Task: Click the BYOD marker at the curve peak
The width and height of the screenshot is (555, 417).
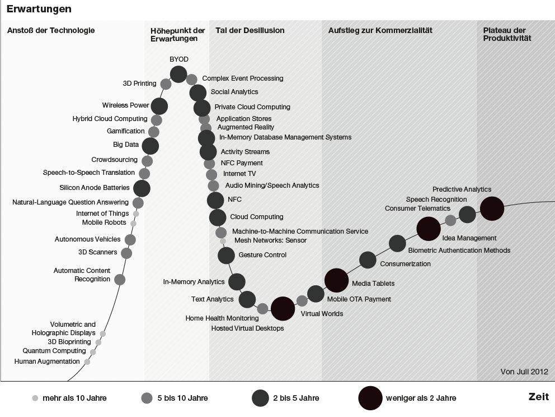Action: tap(178, 73)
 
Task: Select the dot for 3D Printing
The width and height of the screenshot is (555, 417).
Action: tap(166, 84)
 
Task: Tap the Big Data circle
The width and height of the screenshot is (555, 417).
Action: tap(150, 146)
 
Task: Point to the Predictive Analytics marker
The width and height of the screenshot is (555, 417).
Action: tap(492, 208)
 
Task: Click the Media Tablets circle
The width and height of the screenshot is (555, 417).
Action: tap(337, 280)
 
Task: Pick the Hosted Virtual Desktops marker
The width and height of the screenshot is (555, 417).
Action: tap(283, 308)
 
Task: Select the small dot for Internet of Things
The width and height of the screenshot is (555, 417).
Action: tap(136, 214)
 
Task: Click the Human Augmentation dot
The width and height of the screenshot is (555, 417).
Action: tap(87, 362)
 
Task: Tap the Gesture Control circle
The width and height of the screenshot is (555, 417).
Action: tap(226, 256)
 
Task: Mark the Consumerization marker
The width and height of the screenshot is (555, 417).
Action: tap(368, 260)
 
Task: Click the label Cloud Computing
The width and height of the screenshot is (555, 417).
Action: tap(257, 217)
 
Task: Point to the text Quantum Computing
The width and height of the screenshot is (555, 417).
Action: tap(54, 351)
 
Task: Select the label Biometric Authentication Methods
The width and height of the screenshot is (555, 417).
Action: tap(459, 251)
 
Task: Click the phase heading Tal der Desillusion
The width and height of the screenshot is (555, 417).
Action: tap(250, 31)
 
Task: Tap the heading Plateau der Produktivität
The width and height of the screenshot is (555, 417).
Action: tap(507, 34)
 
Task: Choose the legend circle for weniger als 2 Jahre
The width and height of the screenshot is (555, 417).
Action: tap(370, 398)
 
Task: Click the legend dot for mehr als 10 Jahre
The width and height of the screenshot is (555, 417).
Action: tap(35, 399)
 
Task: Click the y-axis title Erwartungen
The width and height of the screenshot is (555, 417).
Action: tap(39, 9)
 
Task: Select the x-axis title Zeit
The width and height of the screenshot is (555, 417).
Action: tap(538, 397)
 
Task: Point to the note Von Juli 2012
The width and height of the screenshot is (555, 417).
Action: tap(524, 372)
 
